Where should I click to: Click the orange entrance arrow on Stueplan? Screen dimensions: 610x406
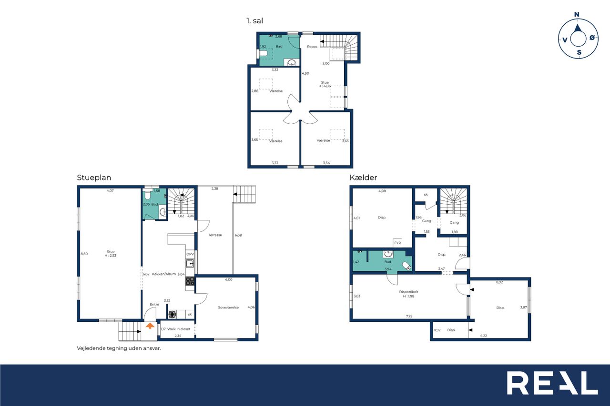point(150,326)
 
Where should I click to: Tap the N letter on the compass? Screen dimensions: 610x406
point(577,14)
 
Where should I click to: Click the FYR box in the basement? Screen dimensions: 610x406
point(397,243)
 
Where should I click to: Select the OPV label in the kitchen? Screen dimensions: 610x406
point(190,254)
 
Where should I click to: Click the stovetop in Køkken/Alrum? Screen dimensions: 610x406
point(190,281)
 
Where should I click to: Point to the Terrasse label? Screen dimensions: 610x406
point(215,235)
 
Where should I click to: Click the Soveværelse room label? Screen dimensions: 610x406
point(228,307)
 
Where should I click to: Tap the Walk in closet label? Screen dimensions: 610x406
point(179,329)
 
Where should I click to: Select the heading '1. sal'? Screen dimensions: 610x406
point(254,20)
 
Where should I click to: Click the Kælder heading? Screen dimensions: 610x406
point(363,178)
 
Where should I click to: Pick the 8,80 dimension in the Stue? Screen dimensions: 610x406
point(84,254)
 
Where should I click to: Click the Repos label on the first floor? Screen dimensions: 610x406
point(312,47)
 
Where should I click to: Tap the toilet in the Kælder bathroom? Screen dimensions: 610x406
point(407,266)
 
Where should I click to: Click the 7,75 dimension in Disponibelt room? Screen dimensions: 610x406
point(409,316)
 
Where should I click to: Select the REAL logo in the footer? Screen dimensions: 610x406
point(552,383)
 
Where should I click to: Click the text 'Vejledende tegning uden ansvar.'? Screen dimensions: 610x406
point(119,348)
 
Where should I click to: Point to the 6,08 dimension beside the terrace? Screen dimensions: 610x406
point(238,235)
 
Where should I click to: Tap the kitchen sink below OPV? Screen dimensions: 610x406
point(190,264)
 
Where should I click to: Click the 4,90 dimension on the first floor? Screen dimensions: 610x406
point(305,73)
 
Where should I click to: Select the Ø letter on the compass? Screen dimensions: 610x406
point(592,38)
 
